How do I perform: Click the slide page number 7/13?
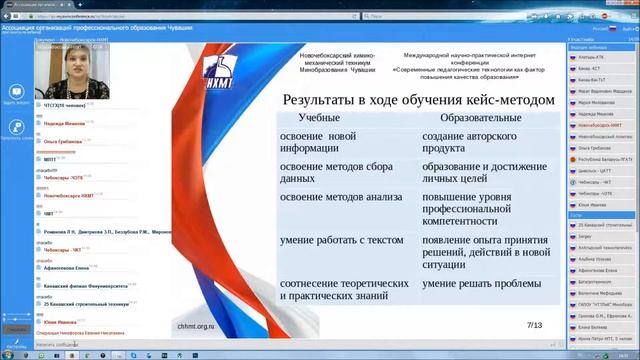tap(534, 325)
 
